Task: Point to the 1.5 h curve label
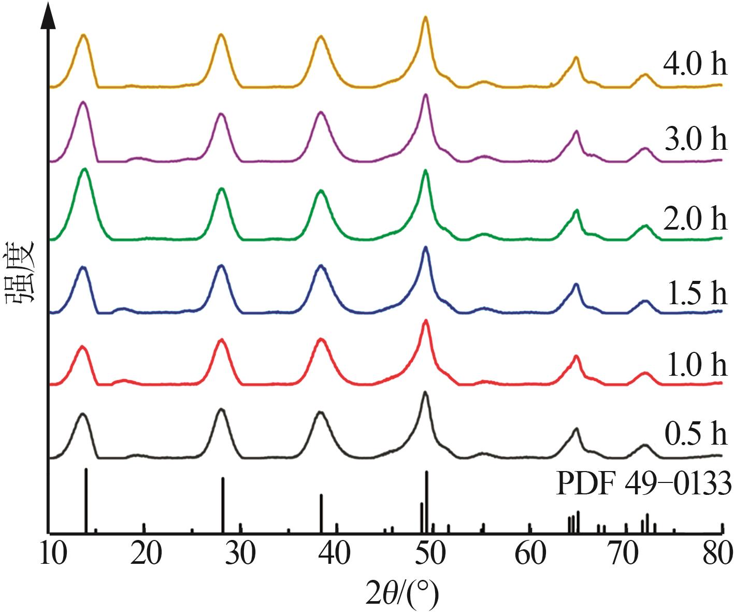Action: coord(695,293)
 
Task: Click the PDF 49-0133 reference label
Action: coord(643,484)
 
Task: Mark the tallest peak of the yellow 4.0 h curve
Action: coord(425,18)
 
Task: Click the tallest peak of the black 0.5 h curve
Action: coord(425,393)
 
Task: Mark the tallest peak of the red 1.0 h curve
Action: coord(426,321)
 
